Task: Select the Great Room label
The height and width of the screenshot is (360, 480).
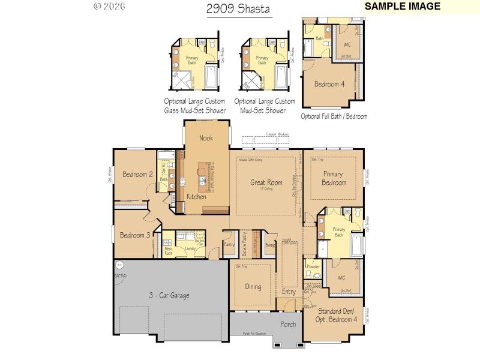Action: (x=266, y=182)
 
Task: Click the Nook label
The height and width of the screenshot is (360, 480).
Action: (x=206, y=138)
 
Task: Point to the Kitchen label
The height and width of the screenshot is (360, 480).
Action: (x=196, y=197)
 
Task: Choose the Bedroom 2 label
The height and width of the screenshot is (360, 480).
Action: (x=137, y=175)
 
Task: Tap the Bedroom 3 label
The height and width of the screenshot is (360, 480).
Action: (x=136, y=235)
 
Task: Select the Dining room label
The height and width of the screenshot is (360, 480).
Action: (x=253, y=287)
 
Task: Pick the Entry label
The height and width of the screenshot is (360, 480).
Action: (x=289, y=292)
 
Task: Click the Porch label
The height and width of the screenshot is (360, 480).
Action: (x=288, y=325)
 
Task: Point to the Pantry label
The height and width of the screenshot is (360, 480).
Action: (x=229, y=244)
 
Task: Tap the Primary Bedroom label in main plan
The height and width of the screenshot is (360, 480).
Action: (x=334, y=178)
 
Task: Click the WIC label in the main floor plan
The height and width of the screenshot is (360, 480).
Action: (x=341, y=278)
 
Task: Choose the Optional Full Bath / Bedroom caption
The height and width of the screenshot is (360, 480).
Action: (x=334, y=116)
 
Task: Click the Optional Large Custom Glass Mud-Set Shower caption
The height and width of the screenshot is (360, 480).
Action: (x=195, y=106)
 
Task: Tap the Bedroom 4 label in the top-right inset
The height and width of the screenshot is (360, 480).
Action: (x=329, y=85)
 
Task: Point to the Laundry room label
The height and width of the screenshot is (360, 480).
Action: (x=191, y=248)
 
